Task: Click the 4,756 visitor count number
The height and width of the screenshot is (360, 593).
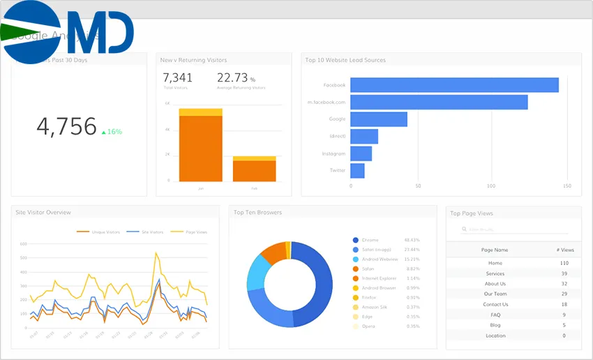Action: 66,126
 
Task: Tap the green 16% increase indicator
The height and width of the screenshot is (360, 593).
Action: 112,131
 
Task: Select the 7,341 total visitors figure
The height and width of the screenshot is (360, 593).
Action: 177,77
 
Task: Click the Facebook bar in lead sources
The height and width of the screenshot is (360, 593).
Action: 453,85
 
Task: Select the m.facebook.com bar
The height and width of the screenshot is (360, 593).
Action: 438,102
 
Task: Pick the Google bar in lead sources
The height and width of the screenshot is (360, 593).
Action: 378,119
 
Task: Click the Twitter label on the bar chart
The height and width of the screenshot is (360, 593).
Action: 337,170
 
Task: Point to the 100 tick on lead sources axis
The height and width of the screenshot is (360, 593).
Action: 491,186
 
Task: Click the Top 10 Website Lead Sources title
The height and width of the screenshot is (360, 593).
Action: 345,60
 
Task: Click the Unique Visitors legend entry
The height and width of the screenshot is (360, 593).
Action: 105,232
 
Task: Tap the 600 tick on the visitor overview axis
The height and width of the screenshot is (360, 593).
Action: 23,244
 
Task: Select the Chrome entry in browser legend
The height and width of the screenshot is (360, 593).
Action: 370,240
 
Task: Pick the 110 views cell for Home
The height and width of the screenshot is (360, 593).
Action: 564,263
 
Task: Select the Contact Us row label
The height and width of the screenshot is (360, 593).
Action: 495,304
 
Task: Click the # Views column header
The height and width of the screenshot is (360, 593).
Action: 565,249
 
